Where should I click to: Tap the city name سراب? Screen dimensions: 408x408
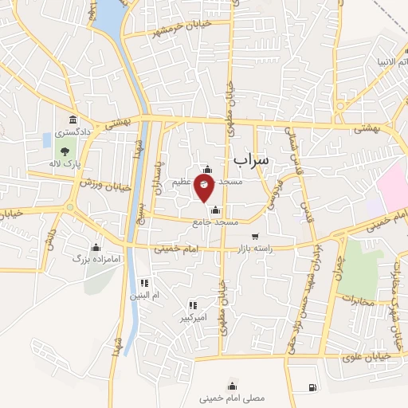pos(252,160)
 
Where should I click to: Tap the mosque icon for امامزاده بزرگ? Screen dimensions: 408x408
pos(96,247)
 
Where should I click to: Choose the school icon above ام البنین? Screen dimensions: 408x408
pos(144,282)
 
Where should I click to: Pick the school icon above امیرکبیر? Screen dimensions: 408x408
pos(193,304)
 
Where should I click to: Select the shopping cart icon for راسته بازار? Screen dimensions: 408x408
pos(255,236)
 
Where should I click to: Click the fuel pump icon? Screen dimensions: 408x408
pos(310,387)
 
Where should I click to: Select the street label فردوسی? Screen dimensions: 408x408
pos(274,191)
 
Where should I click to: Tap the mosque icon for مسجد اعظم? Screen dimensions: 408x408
pos(208,170)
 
